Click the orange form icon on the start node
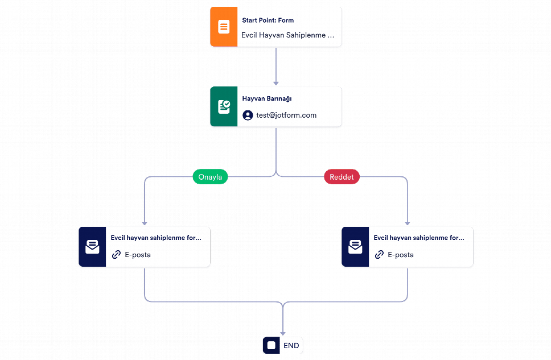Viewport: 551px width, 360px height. click(224, 27)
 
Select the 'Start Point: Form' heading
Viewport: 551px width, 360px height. click(268, 20)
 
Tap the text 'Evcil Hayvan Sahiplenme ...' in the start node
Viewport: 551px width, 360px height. click(287, 35)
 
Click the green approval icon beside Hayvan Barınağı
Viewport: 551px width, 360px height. click(224, 106)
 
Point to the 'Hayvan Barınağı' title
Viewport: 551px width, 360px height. click(267, 99)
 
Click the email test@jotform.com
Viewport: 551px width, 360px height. click(286, 115)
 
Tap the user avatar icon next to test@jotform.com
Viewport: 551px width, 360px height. click(248, 115)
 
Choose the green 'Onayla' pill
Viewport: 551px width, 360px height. click(210, 177)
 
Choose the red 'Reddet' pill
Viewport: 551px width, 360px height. click(342, 177)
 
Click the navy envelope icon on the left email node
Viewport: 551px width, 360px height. click(92, 247)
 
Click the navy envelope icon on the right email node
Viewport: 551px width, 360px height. click(355, 247)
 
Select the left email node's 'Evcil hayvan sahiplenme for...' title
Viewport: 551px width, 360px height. click(156, 238)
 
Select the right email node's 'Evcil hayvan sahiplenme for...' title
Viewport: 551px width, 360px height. click(419, 238)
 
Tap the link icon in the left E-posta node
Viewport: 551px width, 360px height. click(116, 255)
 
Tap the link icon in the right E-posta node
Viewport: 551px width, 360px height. click(379, 255)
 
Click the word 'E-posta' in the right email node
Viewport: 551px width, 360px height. click(401, 255)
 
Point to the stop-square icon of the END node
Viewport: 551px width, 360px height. click(272, 345)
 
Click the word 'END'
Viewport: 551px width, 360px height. click(291, 346)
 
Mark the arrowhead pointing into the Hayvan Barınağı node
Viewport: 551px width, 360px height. click(276, 83)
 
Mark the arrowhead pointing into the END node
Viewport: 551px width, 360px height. click(283, 334)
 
